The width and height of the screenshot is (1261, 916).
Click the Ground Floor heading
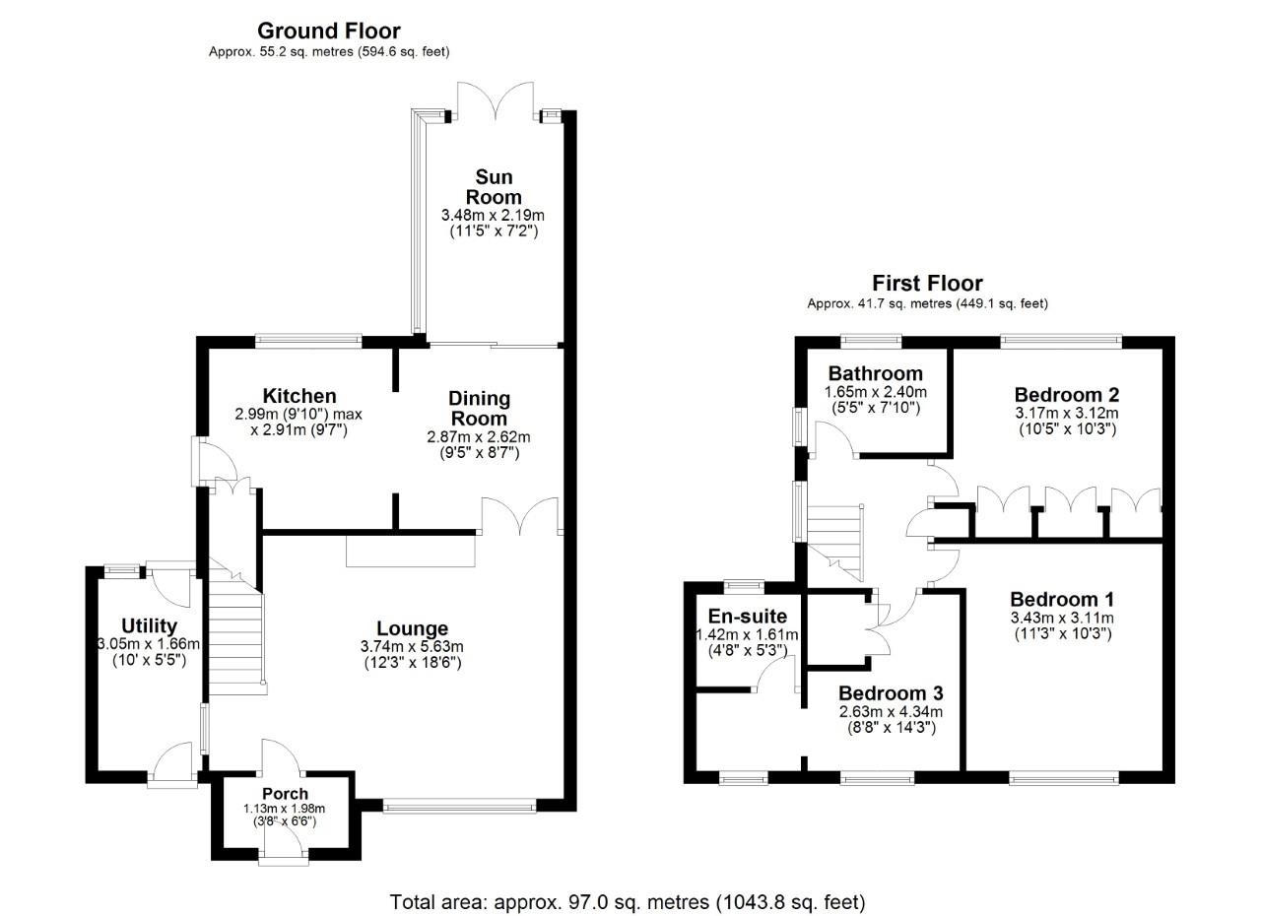328,31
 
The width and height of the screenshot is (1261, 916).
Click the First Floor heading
926,284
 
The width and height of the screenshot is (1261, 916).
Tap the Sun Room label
494,186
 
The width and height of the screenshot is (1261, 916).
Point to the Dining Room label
479,408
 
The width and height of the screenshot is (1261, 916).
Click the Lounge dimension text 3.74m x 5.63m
412,646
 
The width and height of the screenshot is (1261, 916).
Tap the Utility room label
149,625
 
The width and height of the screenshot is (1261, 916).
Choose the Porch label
285,793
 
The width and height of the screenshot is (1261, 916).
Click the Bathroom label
875,373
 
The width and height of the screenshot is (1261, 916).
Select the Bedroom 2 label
1066,395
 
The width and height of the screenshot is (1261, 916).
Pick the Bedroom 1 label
1062,599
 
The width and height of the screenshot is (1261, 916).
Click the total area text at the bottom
628,901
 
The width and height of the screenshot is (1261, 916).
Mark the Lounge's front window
459,807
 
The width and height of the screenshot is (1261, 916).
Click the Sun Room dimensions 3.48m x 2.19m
493,215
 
